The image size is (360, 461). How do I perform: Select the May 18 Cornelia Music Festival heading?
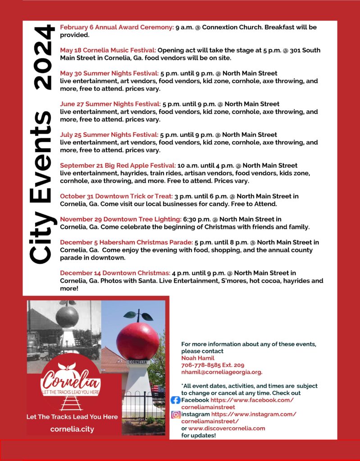(108, 50)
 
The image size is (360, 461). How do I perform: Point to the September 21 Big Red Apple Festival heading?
(118, 165)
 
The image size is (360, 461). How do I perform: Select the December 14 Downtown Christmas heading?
(115, 273)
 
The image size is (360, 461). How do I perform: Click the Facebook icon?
(176, 400)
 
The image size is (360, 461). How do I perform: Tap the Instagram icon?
(176, 415)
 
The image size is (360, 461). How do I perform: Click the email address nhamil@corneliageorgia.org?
(222, 372)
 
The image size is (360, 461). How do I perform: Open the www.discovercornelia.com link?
(227, 429)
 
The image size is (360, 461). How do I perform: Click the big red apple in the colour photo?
(137, 341)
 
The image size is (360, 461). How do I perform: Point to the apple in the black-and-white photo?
(67, 316)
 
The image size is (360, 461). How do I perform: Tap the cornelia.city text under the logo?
(72, 429)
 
